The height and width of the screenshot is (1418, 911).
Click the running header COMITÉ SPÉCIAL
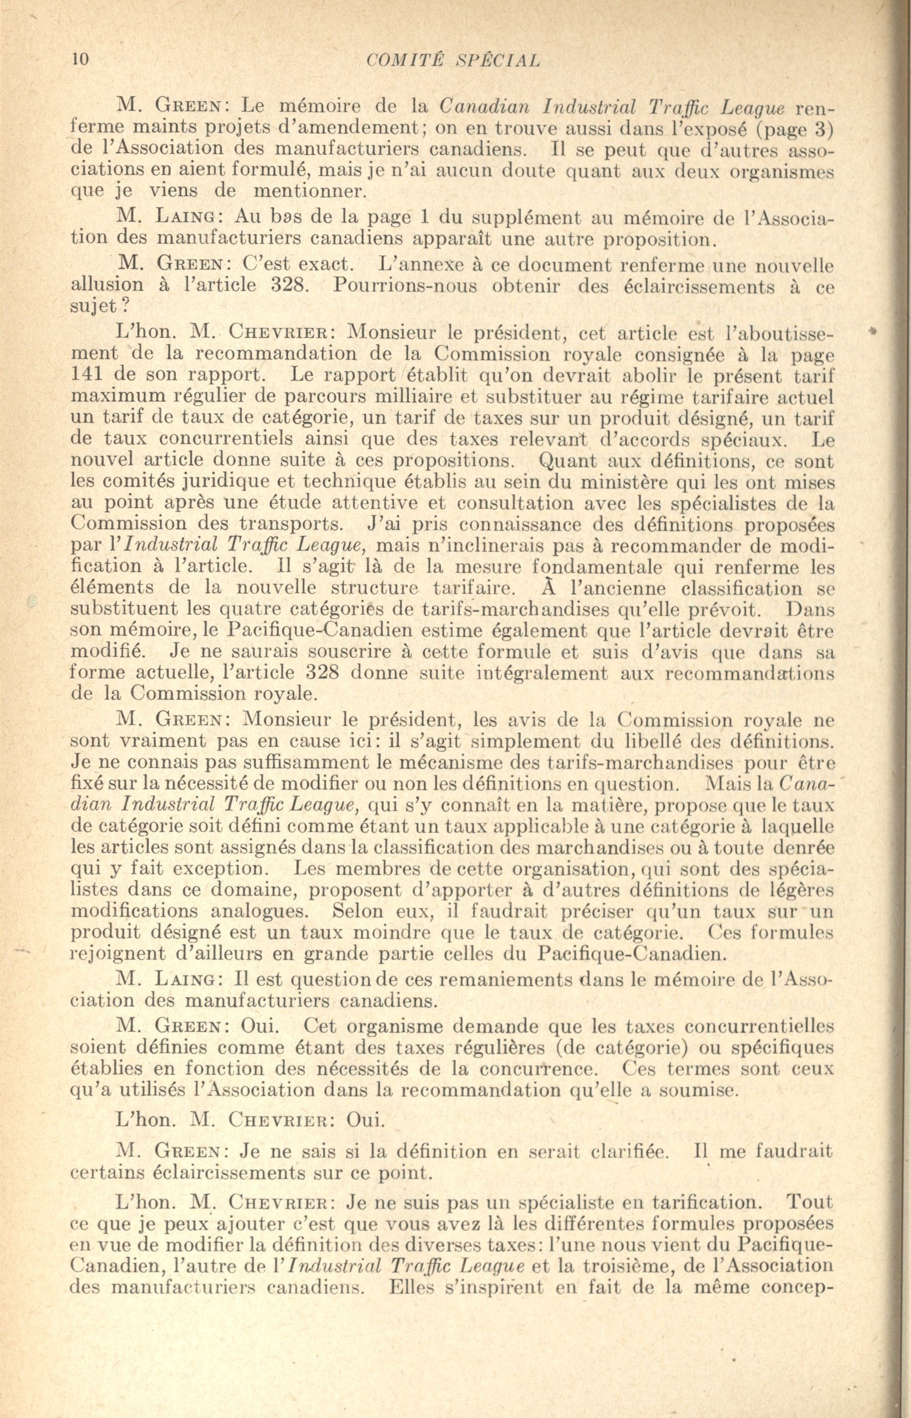point(454,60)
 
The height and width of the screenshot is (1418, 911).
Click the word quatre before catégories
point(251,610)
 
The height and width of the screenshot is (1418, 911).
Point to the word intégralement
point(533,673)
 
